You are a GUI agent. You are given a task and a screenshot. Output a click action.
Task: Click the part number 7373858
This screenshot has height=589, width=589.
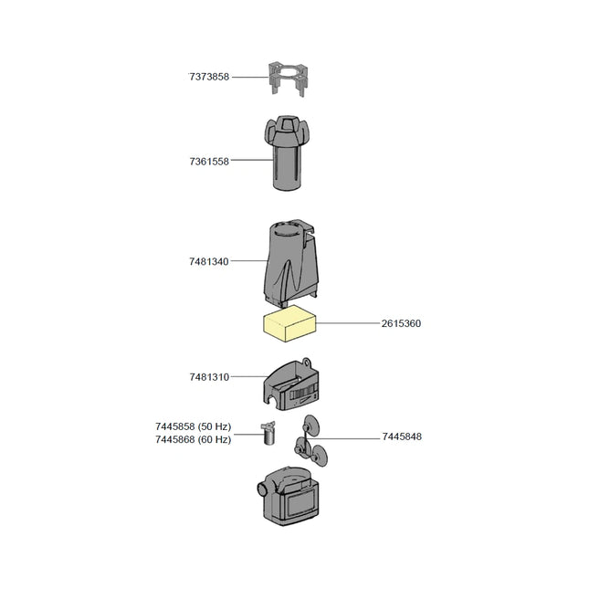[209, 78]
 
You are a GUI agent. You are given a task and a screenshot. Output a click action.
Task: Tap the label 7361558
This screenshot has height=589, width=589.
[209, 162]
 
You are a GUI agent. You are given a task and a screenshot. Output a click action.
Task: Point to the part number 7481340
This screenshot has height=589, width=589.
[209, 262]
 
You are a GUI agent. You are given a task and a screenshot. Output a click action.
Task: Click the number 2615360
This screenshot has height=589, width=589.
[401, 323]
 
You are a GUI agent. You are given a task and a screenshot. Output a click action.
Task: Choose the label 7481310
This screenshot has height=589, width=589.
[209, 376]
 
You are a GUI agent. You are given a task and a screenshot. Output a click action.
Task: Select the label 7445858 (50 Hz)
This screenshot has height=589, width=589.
[193, 426]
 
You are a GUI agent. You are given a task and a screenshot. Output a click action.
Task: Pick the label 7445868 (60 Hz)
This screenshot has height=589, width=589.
[193, 439]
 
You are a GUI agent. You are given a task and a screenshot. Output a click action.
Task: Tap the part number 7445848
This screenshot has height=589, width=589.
[401, 436]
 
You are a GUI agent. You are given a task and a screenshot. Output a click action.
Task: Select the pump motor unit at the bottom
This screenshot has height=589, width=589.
[291, 498]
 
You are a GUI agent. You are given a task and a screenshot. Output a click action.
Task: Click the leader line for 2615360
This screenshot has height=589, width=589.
[347, 323]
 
